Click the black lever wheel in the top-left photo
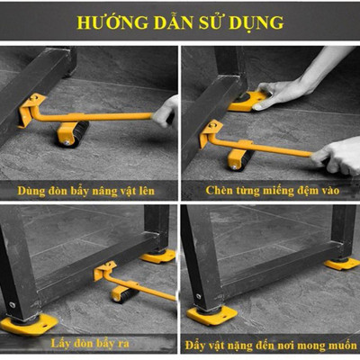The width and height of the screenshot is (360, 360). coord(68,136)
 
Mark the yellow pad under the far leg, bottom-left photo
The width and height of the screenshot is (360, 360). coord(159,256)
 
